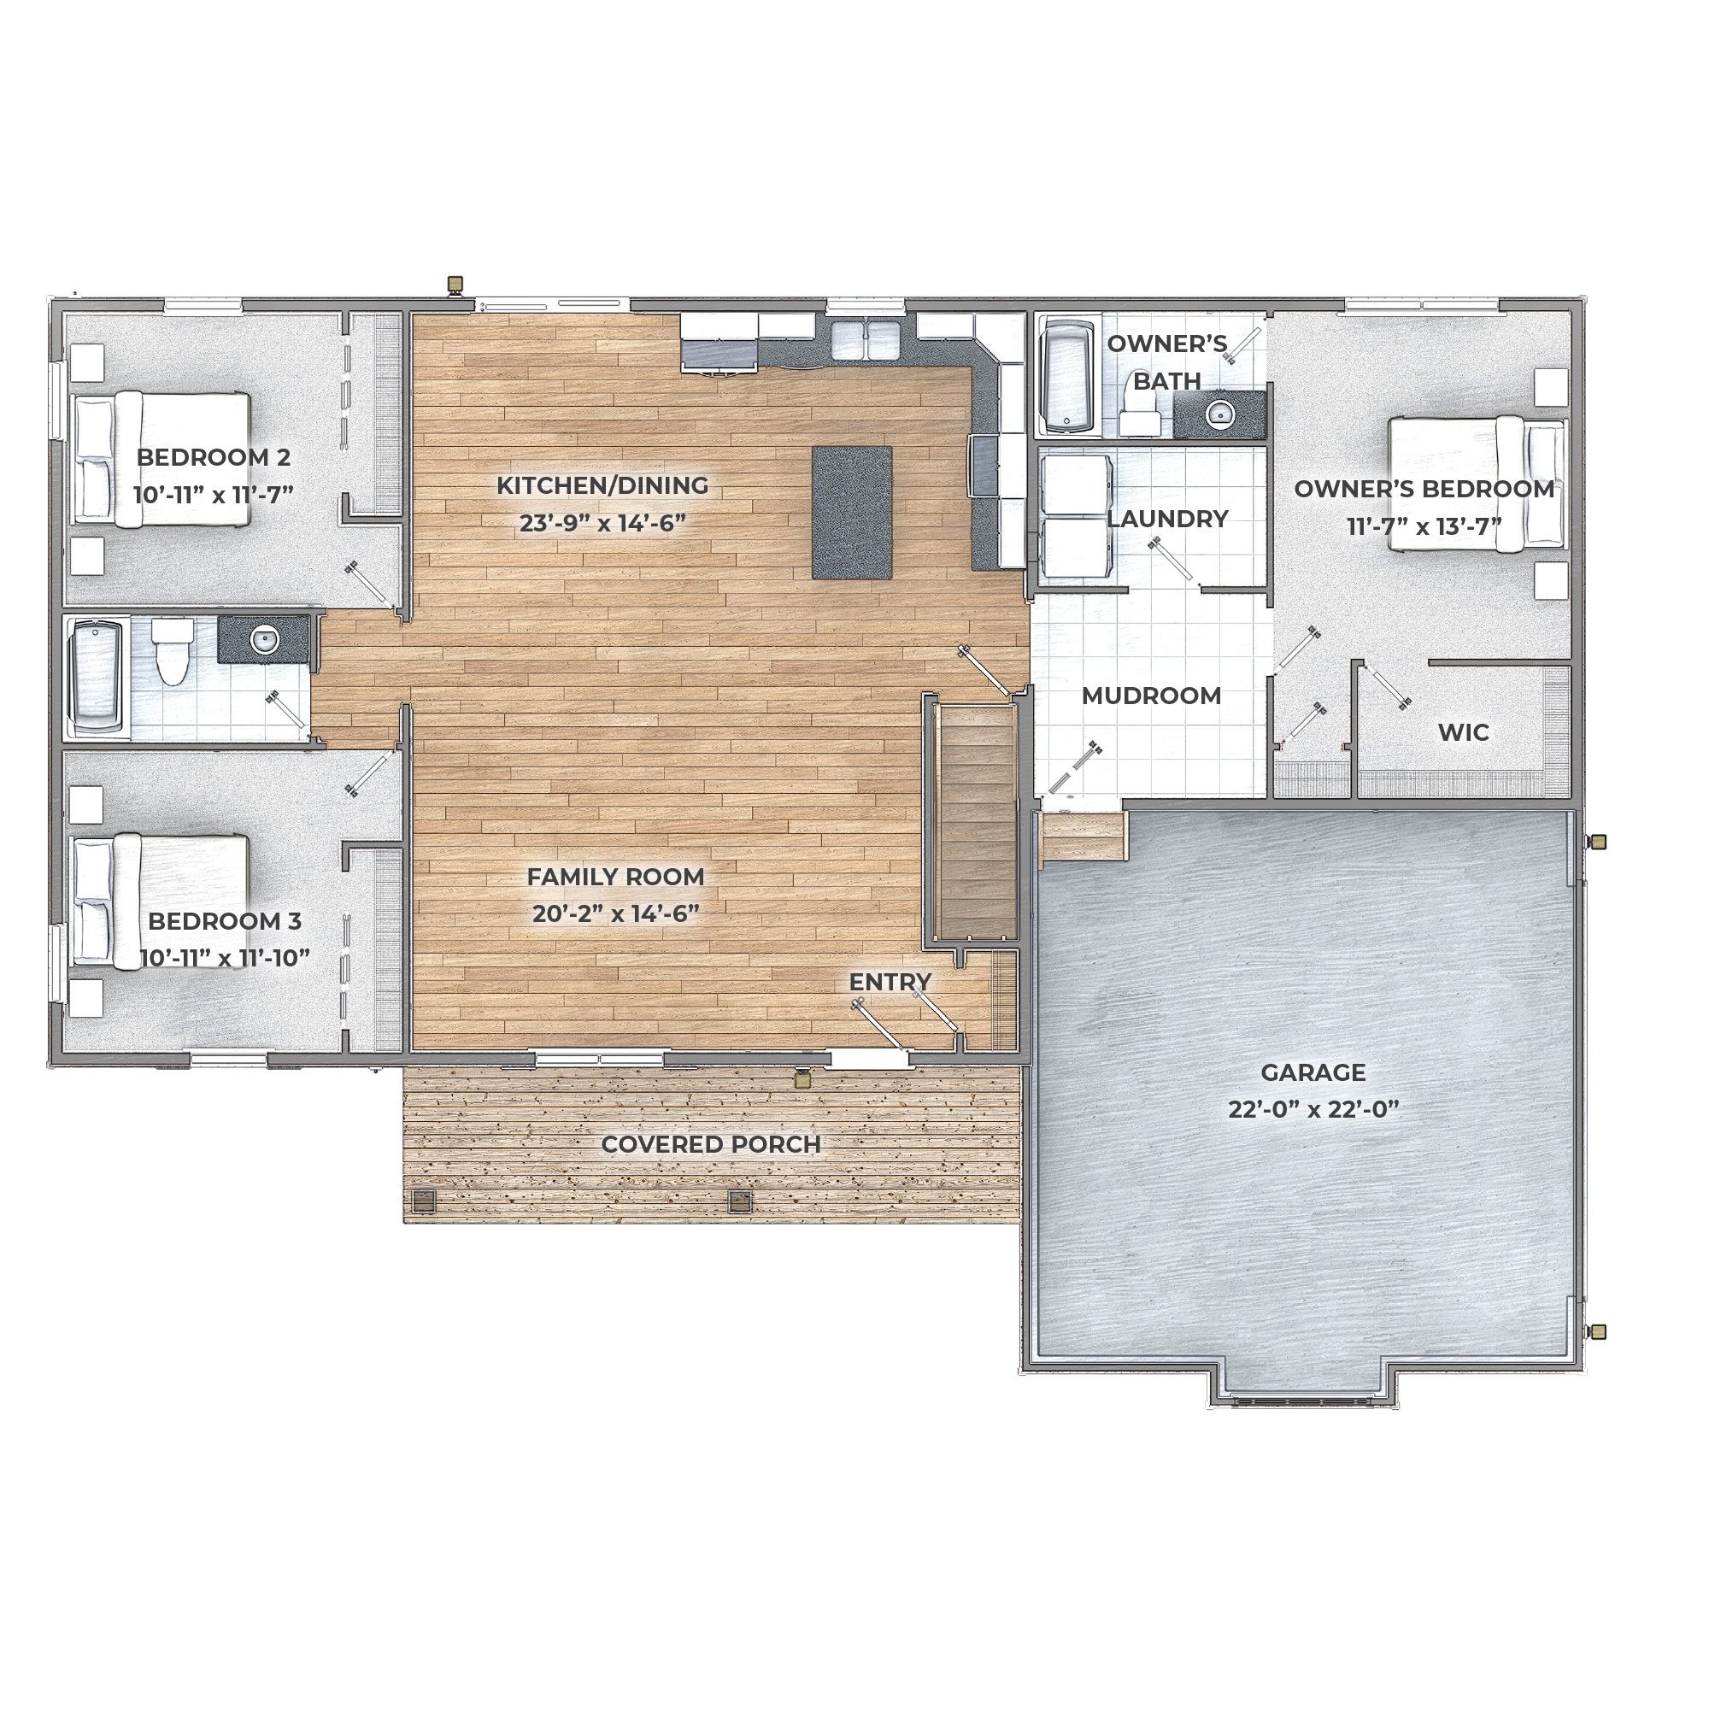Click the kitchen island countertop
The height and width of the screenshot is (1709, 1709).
pyautogui.click(x=852, y=513)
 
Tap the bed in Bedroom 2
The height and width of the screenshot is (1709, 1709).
pyautogui.click(x=161, y=459)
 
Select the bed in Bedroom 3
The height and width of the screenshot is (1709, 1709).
pyautogui.click(x=160, y=901)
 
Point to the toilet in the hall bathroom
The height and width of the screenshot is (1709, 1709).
pyautogui.click(x=173, y=651)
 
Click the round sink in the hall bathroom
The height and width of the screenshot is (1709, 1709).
pyautogui.click(x=263, y=638)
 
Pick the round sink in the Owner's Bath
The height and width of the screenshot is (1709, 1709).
pyautogui.click(x=1221, y=413)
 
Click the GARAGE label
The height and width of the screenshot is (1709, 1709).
pyautogui.click(x=1313, y=1073)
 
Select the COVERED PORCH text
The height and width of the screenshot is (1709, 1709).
pyautogui.click(x=711, y=1145)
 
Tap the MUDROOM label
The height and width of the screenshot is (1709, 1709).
pyautogui.click(x=1151, y=696)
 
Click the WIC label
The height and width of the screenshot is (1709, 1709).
pyautogui.click(x=1463, y=732)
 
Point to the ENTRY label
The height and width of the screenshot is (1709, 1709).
pyautogui.click(x=890, y=982)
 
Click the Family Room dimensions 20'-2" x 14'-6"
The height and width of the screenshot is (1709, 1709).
pyautogui.click(x=615, y=913)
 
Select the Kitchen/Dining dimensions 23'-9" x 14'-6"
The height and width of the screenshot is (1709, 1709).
pyautogui.click(x=602, y=523)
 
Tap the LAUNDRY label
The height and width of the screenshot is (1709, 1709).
pyautogui.click(x=1167, y=519)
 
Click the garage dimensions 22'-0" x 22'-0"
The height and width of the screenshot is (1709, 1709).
pyautogui.click(x=1313, y=1110)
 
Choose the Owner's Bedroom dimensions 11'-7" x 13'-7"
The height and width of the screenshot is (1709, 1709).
pyautogui.click(x=1424, y=526)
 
